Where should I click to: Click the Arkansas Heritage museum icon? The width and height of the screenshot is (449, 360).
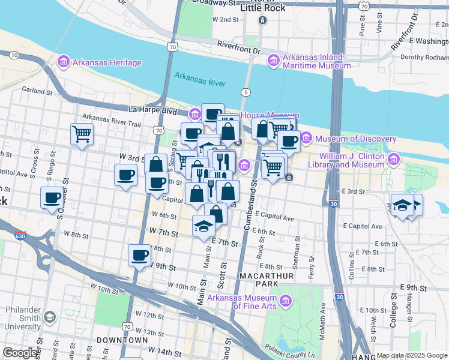[64, 62]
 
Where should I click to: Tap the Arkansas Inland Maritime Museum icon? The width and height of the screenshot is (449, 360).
[274, 61]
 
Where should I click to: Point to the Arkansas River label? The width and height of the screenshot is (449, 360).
[200, 76]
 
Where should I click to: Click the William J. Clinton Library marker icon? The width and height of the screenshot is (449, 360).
[394, 160]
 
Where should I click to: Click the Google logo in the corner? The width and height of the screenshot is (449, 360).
[20, 353]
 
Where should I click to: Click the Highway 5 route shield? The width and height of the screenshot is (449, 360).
[246, 92]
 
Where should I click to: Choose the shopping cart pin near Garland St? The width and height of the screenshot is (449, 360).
[82, 134]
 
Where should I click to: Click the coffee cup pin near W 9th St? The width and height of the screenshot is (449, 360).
[139, 255]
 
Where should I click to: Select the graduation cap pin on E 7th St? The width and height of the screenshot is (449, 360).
[203, 226]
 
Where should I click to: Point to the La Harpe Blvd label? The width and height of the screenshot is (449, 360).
[153, 110]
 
